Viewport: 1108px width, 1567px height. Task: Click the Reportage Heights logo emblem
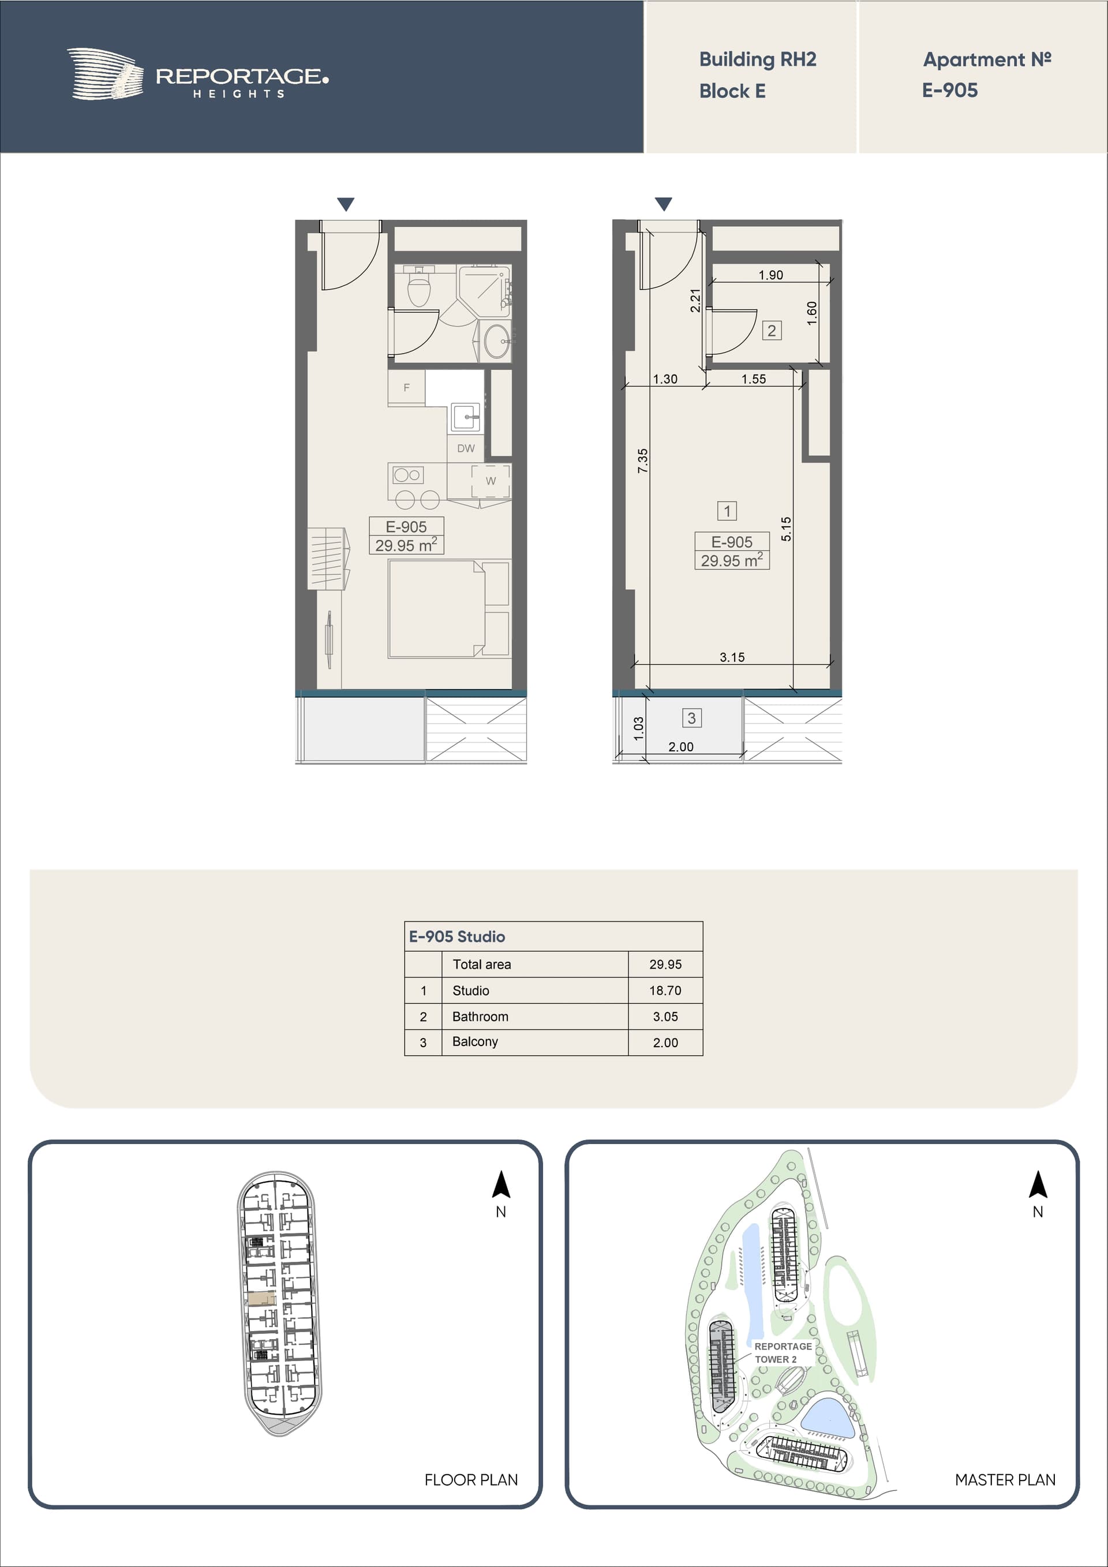tap(105, 74)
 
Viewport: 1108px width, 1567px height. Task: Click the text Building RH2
tap(758, 59)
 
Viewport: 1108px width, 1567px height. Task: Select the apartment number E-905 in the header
tap(950, 90)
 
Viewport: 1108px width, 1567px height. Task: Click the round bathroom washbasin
tap(496, 340)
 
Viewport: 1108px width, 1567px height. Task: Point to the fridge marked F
tap(407, 388)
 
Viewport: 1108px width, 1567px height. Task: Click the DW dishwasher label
tap(466, 448)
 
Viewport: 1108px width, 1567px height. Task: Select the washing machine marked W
tap(490, 481)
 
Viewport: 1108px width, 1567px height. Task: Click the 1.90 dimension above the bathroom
tap(771, 275)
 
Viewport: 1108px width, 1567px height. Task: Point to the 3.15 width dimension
tap(732, 657)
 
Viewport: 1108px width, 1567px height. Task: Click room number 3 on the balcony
tap(691, 718)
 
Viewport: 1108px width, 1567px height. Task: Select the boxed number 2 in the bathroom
tap(772, 331)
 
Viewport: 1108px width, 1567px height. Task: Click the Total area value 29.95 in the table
tap(665, 964)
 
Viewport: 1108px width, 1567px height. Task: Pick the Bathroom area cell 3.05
tap(665, 1016)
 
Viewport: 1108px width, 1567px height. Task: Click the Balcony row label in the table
tap(475, 1041)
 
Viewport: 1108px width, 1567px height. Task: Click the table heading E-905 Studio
tap(456, 936)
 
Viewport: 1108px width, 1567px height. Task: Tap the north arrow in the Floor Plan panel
tap(501, 1185)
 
